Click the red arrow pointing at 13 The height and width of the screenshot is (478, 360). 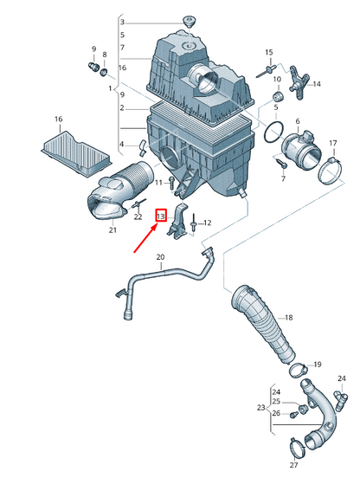pos(146,238)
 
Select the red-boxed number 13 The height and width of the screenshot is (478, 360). pos(161,216)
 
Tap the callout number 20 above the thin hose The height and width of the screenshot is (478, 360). pos(160,257)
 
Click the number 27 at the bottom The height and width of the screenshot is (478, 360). pos(293,465)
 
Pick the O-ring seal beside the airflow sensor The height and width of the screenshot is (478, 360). pos(273,132)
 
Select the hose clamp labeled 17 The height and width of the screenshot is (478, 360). pos(331,171)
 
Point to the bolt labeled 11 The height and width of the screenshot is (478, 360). pos(170,183)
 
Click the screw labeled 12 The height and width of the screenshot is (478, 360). pos(193,223)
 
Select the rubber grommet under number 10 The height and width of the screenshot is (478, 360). pos(277,96)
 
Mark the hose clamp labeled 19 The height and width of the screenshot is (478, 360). pos(298,370)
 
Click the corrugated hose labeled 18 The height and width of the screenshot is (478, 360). pos(264,325)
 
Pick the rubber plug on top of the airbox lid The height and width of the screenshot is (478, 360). pos(190,22)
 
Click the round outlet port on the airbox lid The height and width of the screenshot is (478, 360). pos(207,80)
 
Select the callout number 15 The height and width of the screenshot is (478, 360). pos(269,53)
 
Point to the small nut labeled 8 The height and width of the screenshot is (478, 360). pos(104,73)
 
